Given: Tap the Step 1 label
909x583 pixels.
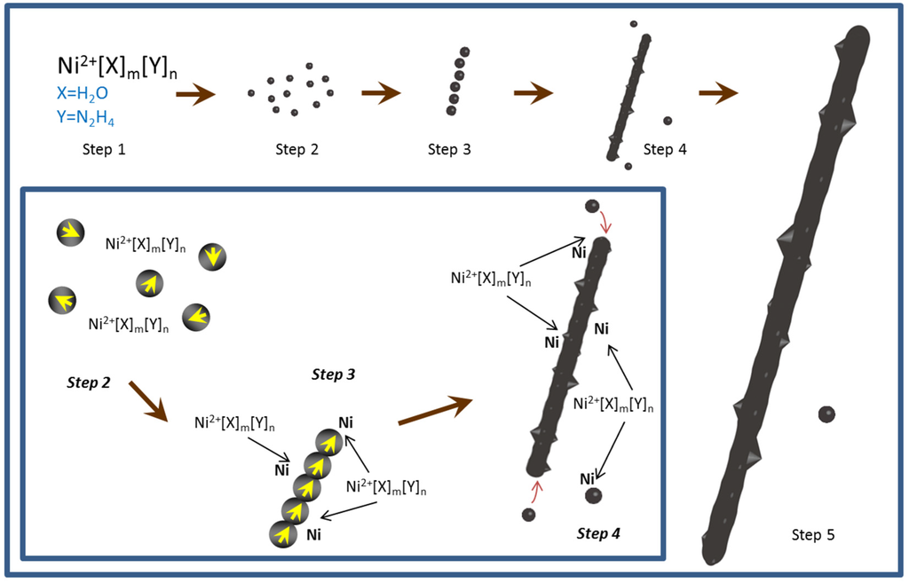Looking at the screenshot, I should coord(103,149).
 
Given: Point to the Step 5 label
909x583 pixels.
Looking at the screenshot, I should coord(812,534).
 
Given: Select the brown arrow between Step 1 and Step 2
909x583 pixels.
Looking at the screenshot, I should coord(195,93).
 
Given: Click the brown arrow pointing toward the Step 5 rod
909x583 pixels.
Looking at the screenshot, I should coord(718,92).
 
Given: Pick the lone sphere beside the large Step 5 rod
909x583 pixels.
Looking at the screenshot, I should coord(826,414).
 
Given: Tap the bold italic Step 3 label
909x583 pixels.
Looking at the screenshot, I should coord(333,374).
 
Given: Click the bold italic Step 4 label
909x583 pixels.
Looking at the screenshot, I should coord(598,533).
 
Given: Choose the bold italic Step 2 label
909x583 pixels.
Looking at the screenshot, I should coord(89,382).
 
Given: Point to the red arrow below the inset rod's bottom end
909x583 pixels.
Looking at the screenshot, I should coord(535,491).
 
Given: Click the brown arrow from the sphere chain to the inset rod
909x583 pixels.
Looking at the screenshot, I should coord(433,411).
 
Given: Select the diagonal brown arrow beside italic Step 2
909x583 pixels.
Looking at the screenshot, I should coord(147,400).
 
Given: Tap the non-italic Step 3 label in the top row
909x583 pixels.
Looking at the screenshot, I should coord(449,149).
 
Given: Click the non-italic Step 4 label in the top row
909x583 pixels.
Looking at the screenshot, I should coord(664,149).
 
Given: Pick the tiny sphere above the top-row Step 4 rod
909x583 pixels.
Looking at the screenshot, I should coord(633,24).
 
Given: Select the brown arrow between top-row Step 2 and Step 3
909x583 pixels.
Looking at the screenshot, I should coord(381,92).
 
